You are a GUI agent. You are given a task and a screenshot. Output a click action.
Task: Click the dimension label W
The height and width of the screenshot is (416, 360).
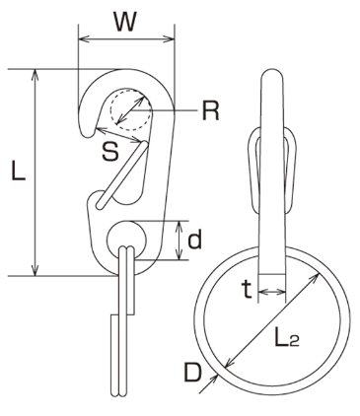click(125, 22)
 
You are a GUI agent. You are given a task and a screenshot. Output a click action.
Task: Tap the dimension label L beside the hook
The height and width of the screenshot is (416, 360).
click(19, 171)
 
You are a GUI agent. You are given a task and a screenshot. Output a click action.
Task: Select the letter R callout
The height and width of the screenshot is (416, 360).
click(210, 110)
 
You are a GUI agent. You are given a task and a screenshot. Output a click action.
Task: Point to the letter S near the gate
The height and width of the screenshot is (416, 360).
click(109, 152)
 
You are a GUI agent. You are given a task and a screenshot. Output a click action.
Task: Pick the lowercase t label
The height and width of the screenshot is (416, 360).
click(247, 290)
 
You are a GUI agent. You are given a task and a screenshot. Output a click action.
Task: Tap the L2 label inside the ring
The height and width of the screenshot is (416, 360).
click(287, 337)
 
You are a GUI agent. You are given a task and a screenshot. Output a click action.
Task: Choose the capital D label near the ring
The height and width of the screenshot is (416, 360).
click(192, 372)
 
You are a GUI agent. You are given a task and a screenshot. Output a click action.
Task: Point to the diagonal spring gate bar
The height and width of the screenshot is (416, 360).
click(121, 174)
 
